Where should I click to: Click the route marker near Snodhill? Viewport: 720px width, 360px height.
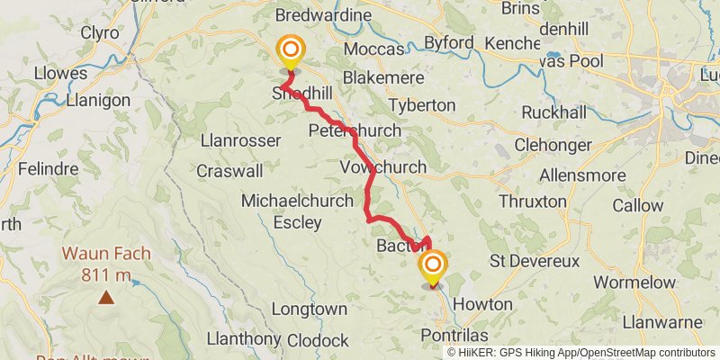coord(291,50)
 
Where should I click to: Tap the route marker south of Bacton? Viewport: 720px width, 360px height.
coord(433,266)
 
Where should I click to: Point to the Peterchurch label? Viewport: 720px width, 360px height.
coord(354,131)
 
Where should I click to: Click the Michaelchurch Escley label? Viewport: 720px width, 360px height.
coord(297,211)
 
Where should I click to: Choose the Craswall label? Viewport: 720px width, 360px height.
coord(229,170)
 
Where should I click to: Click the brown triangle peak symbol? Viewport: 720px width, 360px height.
coord(107,296)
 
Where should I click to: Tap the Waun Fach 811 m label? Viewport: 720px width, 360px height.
coord(106,264)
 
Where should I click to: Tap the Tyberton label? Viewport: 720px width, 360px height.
coord(421,105)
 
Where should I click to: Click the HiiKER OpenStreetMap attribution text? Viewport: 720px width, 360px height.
coord(581,352)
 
